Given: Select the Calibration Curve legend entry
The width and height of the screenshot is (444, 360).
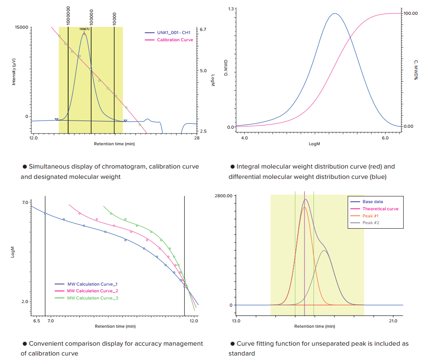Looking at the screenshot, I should [175, 40].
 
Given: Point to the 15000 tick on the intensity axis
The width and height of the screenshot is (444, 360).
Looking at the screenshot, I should [22, 27].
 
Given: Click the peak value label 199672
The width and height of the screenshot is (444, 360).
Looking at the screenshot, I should [85, 29].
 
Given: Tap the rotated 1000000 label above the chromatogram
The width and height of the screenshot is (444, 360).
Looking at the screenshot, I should [68, 15].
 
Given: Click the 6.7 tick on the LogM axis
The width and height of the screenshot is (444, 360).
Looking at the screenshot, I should [203, 30].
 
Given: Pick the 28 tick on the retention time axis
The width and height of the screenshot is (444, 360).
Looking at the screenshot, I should [196, 138].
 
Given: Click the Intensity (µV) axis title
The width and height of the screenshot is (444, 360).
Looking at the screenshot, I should [14, 72].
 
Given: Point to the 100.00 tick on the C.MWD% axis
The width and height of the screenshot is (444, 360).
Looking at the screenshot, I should [410, 13].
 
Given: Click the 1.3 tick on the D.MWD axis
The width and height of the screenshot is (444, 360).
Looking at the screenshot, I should [231, 9].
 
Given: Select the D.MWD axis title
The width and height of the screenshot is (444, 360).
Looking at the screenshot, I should [226, 67].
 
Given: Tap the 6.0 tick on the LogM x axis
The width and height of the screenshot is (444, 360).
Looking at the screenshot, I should [385, 138].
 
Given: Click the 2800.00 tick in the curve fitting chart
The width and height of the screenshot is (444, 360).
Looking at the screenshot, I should [224, 196].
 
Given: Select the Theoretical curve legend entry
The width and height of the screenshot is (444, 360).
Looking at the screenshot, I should [380, 209].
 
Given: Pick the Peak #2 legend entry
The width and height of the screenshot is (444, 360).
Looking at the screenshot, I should [371, 223].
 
